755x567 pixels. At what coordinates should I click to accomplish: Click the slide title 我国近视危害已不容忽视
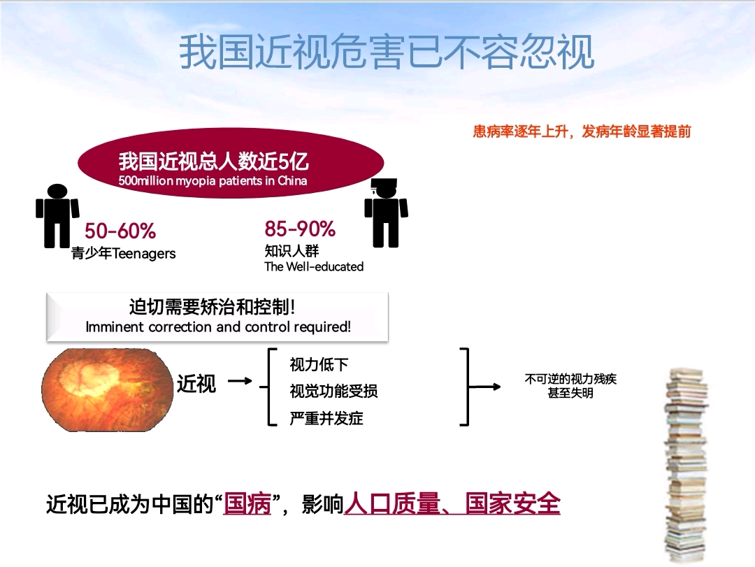387,52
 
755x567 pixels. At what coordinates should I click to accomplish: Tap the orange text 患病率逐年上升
520,131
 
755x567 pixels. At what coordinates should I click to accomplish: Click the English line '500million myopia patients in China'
213,181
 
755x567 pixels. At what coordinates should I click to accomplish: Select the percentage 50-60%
120,231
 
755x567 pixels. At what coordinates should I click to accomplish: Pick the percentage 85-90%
300,229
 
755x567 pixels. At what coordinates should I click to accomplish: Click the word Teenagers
144,253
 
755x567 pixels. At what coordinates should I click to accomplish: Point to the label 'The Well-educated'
314,266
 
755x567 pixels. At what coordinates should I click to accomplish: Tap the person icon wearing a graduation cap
386,213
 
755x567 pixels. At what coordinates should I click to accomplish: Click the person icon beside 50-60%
57,216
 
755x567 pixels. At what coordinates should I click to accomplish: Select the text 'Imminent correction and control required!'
218,326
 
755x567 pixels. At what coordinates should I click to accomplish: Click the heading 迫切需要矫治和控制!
212,307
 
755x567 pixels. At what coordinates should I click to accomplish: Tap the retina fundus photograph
107,389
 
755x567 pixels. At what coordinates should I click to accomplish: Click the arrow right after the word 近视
240,381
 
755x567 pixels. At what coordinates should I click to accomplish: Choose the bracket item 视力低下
319,364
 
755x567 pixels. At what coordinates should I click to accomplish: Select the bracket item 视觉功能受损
333,391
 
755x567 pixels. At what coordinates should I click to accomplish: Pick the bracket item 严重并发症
326,417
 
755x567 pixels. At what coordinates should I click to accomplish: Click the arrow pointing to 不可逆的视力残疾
485,387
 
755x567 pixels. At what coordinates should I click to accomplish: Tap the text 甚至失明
570,393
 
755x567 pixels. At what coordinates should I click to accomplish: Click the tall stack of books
686,465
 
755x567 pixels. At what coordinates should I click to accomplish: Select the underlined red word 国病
247,504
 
